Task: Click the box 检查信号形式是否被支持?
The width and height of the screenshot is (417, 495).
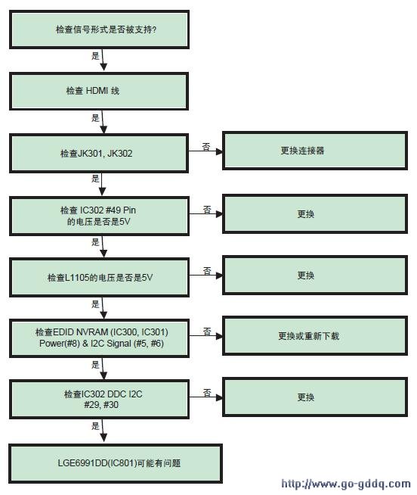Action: coord(99,30)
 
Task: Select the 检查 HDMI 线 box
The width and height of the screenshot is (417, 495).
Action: coord(99,91)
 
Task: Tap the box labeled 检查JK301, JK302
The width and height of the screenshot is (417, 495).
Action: coord(99,154)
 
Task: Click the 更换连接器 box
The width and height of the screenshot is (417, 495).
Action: coord(315,151)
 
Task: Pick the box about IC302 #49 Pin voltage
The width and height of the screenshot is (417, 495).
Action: coord(99,216)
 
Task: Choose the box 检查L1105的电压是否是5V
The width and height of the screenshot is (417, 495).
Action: coord(99,278)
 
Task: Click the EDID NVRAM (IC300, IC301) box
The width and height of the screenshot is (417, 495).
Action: coord(99,338)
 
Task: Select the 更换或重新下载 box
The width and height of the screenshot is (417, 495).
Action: coord(315,335)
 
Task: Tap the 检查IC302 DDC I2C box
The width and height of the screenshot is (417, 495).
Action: coord(99,400)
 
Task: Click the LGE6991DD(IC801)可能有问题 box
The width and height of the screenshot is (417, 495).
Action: coord(116,463)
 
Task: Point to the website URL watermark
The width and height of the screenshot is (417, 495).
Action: coord(346,484)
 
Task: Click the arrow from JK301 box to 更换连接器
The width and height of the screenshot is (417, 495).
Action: coord(205,151)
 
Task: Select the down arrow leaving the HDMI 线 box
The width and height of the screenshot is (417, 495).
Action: coord(103,122)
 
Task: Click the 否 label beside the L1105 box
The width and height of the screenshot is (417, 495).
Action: coord(207,270)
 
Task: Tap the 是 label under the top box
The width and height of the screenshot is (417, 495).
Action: coord(95,56)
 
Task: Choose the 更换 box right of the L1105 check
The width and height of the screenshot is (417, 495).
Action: coord(315,275)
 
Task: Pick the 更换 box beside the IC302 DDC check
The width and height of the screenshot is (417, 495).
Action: coord(315,397)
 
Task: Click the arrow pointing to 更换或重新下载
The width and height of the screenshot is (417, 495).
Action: coord(205,336)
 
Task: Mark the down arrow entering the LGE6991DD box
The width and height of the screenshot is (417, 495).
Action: coord(103,431)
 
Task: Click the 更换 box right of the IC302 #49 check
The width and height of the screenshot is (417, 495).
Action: coord(315,213)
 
